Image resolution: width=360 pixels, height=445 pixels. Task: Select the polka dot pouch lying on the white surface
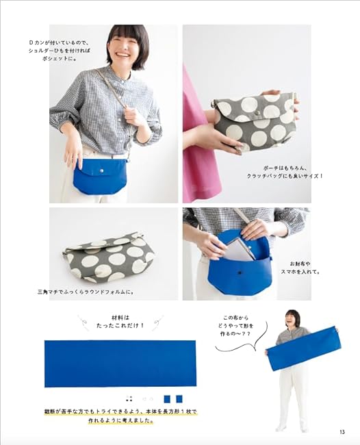coord(111,256)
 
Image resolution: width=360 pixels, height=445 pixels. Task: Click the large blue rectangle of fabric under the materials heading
coord(120,364)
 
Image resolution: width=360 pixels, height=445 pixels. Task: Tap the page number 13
coord(342,431)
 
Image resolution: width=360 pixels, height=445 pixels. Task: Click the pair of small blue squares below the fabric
coord(172,398)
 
